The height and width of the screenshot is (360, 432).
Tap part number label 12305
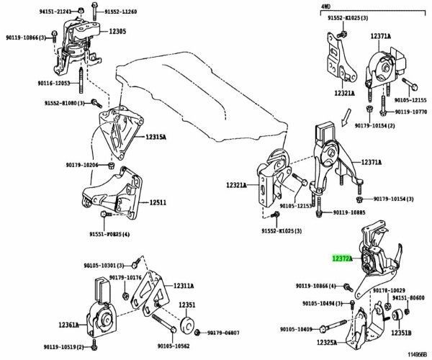(x=117, y=32)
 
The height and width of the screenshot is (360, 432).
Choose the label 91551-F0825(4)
(x=109, y=235)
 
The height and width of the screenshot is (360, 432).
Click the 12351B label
(x=400, y=333)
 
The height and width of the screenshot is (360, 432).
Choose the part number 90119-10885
(x=349, y=212)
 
